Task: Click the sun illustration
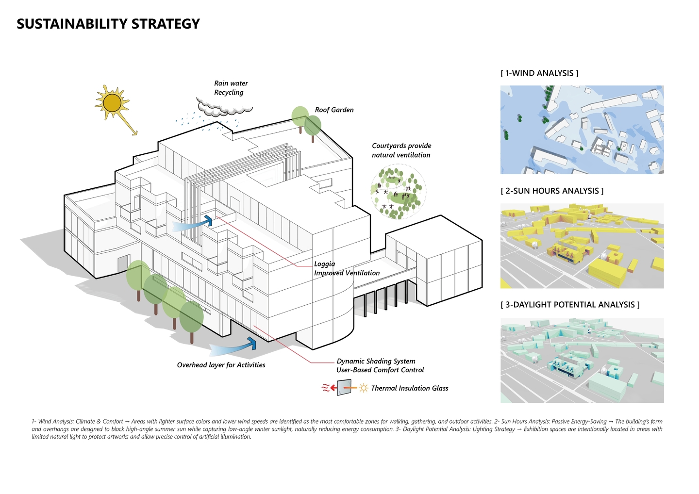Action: pos(112,102)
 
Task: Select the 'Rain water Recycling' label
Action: pos(231,88)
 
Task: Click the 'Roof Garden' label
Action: pos(334,110)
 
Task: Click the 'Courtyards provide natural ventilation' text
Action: pos(401,150)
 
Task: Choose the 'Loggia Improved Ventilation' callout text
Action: pos(347,268)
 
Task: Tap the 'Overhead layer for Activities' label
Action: pos(221,365)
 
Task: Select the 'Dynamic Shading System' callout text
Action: pos(376,361)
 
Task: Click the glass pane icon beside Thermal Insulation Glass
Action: pos(344,388)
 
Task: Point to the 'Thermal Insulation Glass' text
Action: pos(409,388)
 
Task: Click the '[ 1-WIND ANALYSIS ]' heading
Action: pos(539,73)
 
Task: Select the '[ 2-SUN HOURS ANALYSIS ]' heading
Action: pos(552,191)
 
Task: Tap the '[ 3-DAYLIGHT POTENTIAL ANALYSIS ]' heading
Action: pos(570,305)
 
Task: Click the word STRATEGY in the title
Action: pos(166,24)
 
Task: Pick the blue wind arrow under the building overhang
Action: pos(233,347)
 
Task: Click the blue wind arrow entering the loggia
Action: pos(192,223)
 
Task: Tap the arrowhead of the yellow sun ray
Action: pos(135,133)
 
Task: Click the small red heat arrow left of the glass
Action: pos(333,388)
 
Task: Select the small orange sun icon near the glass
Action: pos(363,388)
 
